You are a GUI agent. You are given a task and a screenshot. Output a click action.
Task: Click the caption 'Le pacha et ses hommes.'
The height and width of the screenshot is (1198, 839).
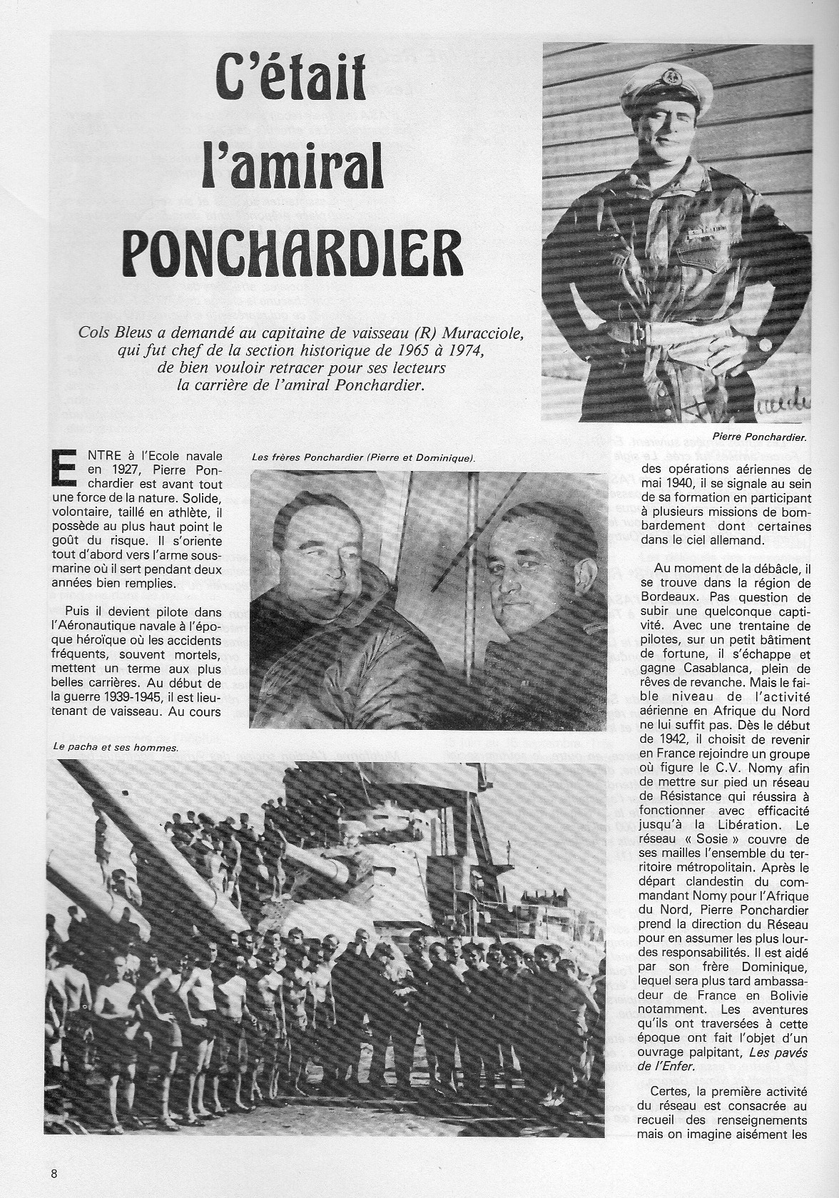115,748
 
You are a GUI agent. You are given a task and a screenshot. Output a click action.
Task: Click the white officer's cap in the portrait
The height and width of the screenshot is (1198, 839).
667,93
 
